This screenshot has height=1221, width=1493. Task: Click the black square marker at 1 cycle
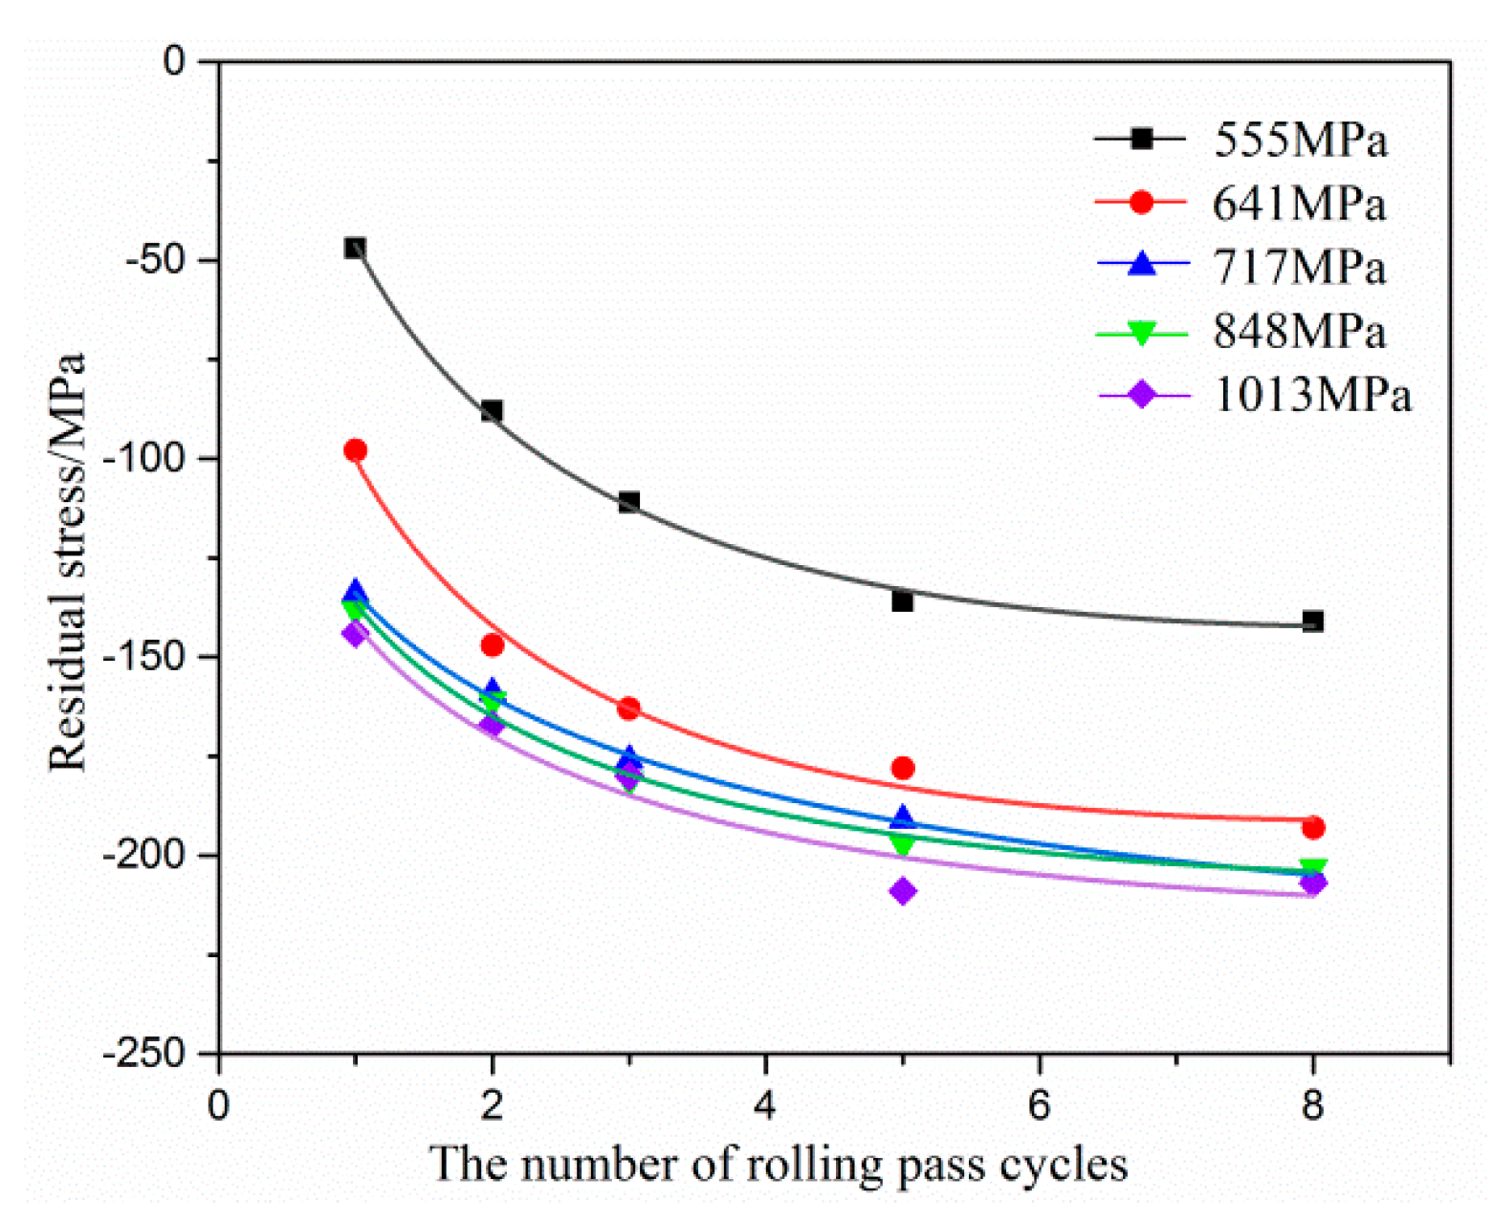[x=355, y=249]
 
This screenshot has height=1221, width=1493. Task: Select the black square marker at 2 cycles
[x=492, y=411]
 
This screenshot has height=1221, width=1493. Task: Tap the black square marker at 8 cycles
[x=1313, y=621]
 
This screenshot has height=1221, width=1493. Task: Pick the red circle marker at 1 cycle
[x=355, y=450]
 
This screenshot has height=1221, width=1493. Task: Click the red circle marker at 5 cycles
[x=902, y=768]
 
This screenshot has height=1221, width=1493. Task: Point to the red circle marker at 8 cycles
[x=1313, y=828]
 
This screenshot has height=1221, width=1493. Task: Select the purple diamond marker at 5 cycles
[x=902, y=891]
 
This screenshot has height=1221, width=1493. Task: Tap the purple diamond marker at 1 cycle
[x=355, y=633]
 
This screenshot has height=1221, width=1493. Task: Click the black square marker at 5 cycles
[x=902, y=601]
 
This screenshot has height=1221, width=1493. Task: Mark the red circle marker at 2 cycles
[x=492, y=645]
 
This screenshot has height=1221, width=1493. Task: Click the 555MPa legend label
[x=1300, y=141]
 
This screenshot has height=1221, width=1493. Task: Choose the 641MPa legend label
[x=1300, y=204]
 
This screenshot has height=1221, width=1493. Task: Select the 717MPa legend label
[x=1300, y=267]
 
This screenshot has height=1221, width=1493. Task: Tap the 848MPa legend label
[x=1300, y=331]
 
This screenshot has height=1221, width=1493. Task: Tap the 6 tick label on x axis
[x=1039, y=1105]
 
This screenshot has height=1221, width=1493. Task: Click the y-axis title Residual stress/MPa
[x=68, y=561]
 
